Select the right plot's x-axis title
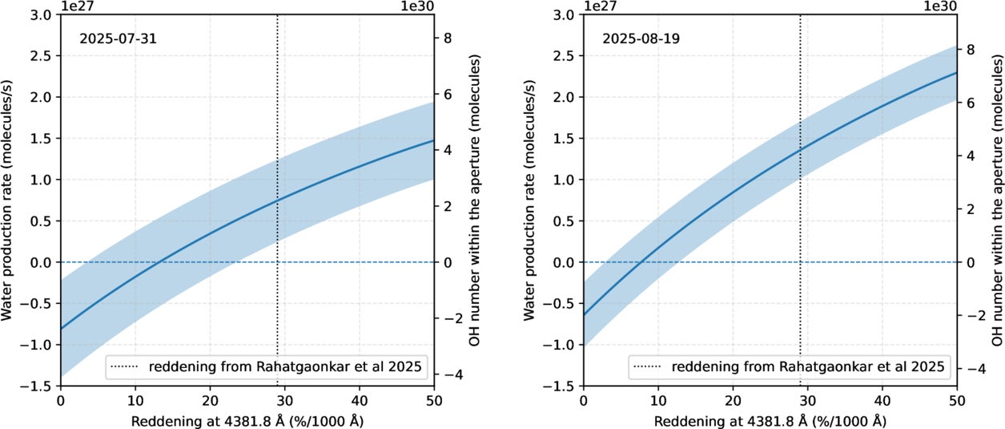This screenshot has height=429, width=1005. point(770,420)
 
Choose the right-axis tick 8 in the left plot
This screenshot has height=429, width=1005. point(448,37)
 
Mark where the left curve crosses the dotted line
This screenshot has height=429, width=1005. point(277,200)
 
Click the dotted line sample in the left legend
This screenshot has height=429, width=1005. point(126,367)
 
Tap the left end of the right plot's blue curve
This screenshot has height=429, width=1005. point(585,315)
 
